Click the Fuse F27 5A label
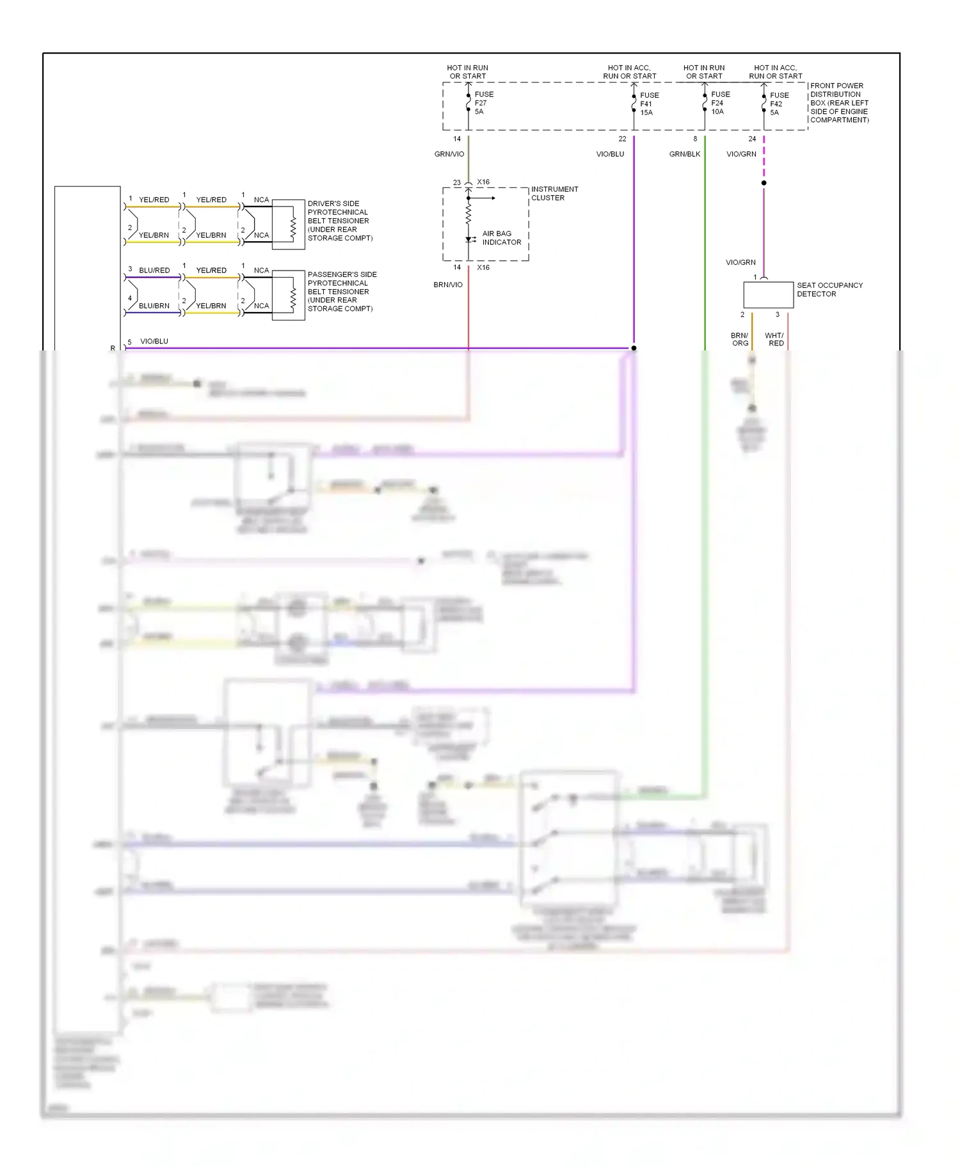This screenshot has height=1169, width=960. (x=483, y=103)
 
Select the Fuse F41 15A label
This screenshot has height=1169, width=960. (x=649, y=104)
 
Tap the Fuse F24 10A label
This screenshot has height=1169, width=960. (x=719, y=103)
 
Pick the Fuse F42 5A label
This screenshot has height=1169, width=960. (x=778, y=104)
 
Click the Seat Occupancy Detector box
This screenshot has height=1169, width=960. (x=768, y=295)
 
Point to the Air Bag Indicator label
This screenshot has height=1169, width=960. (x=501, y=238)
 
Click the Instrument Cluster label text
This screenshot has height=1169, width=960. (x=554, y=193)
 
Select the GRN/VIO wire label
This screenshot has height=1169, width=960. (x=449, y=154)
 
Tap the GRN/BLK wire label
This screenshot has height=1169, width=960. (x=685, y=154)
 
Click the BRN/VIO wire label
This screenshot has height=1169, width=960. (x=448, y=285)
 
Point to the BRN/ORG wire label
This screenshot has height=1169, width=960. (x=740, y=340)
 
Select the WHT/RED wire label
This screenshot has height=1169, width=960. (x=774, y=340)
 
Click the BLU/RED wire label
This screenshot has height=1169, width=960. (x=154, y=271)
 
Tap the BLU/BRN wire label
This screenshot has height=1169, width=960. (x=154, y=306)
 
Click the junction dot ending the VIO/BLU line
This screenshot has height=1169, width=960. (x=634, y=349)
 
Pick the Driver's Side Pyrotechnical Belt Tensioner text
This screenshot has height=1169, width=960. (x=339, y=221)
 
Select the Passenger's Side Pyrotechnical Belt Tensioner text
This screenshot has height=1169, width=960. (x=341, y=292)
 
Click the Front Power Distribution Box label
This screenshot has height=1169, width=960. (x=839, y=103)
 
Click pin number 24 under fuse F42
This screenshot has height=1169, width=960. (x=752, y=139)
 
